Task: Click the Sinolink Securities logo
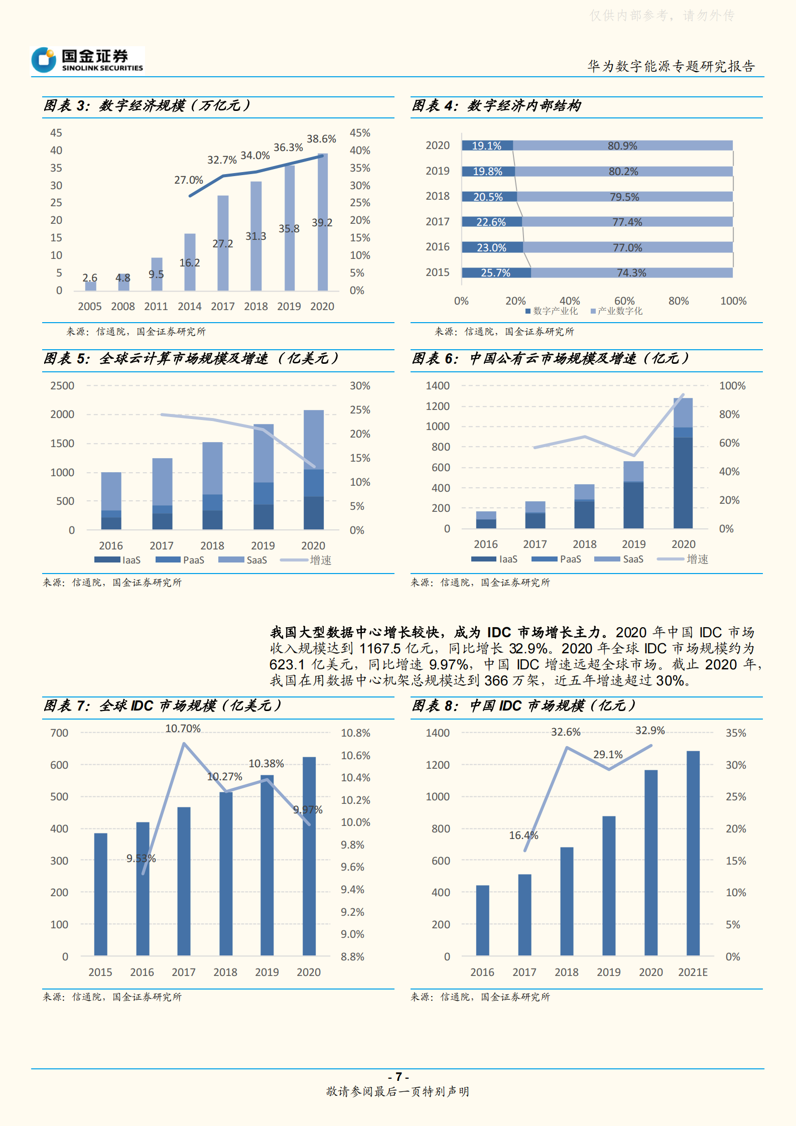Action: click(87, 60)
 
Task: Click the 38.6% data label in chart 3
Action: click(321, 139)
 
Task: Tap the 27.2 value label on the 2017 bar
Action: click(222, 244)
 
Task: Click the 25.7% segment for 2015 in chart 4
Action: click(496, 272)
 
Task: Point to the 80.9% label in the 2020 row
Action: click(622, 146)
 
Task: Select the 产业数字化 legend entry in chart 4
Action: click(617, 311)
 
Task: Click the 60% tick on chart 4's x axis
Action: click(624, 301)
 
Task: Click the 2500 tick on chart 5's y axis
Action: click(62, 386)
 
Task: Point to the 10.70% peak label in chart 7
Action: click(183, 729)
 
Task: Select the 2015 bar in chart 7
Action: click(100, 894)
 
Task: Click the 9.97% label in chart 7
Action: click(308, 810)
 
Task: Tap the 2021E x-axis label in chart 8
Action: click(693, 972)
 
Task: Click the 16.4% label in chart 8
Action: click(523, 835)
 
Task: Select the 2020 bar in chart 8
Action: click(651, 863)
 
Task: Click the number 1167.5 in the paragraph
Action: click(380, 649)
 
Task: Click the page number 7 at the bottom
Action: click(399, 1077)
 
